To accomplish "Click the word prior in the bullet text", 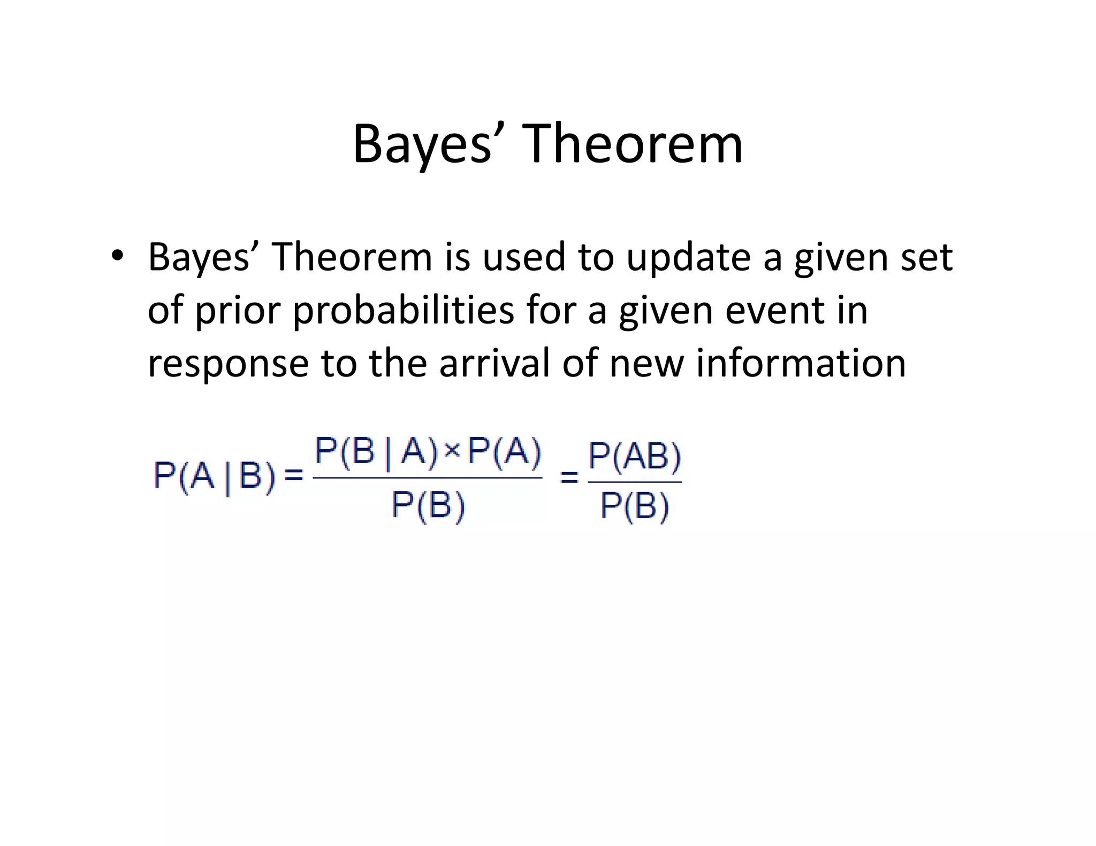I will pos(238,311).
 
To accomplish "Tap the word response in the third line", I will pos(228,364).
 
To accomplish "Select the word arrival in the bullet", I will pos(494,363).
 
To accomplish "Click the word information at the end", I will pos(800,363).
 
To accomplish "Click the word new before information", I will pos(646,363).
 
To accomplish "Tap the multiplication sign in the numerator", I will pos(452,451).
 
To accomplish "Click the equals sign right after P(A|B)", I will pos(293,474).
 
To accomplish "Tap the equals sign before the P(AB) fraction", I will pos(569,476).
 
